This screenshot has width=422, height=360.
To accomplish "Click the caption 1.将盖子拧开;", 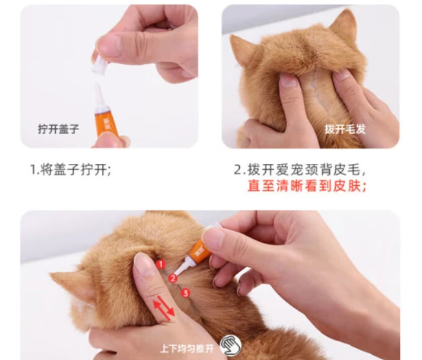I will pyautogui.click(x=71, y=170).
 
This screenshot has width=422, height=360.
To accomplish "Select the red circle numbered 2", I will pyautogui.click(x=172, y=278).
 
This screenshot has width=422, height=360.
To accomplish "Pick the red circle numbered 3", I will pyautogui.click(x=185, y=293).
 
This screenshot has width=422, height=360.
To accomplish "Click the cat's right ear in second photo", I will pyautogui.click(x=343, y=29).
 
